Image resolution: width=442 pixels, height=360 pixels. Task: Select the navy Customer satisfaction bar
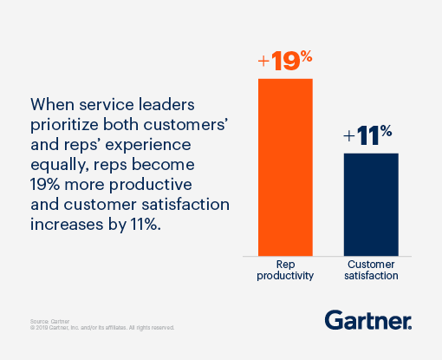(x=371, y=203)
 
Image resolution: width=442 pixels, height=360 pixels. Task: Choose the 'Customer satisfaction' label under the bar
(x=371, y=269)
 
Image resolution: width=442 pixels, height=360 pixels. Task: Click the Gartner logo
(x=368, y=320)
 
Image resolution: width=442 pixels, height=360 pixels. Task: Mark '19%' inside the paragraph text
(x=49, y=180)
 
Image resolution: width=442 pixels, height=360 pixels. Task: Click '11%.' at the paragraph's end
(x=150, y=219)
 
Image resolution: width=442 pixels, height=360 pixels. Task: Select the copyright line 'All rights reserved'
(x=147, y=328)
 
